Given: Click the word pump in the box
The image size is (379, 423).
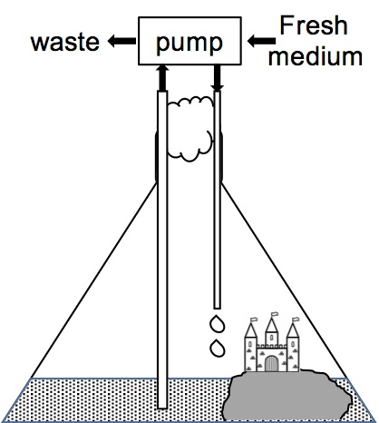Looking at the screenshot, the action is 189,44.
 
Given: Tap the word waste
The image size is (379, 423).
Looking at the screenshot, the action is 65,42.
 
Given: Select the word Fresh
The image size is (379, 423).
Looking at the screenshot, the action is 314,25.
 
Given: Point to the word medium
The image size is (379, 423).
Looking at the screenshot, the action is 316,56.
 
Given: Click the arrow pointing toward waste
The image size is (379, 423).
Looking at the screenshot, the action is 121,41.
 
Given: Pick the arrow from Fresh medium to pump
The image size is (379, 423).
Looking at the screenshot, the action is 261,41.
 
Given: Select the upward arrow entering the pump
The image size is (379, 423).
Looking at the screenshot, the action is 162,78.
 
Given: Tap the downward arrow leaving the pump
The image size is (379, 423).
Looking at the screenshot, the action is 218,78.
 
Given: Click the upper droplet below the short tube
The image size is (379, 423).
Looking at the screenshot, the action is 217,324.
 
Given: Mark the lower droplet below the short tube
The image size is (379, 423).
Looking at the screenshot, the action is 217,349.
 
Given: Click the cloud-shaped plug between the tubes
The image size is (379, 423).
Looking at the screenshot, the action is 189,129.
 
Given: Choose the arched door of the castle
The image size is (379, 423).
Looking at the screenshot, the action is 271,363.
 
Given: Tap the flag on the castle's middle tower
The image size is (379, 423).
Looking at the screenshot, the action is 275,314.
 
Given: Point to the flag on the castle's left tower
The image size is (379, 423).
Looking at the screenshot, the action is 254,320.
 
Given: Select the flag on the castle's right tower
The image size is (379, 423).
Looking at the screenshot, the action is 296,320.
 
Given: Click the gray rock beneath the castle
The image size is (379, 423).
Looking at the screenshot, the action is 287,396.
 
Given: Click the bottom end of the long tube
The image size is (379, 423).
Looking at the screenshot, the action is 162,408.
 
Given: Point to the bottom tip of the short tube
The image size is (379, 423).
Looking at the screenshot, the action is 217,308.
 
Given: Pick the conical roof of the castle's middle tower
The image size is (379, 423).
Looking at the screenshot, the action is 271,325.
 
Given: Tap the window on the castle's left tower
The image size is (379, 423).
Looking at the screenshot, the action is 250,344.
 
